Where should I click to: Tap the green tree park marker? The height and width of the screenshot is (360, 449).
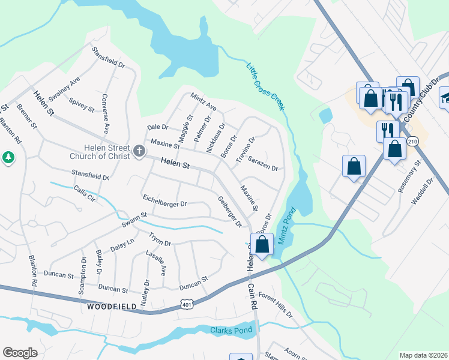[x=8, y=158]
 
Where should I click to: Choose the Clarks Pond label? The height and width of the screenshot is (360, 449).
[x=232, y=331]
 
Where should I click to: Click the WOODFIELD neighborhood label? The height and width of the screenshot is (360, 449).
[x=109, y=306]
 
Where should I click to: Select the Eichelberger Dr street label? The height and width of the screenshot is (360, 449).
[x=165, y=200]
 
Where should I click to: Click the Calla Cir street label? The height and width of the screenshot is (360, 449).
[x=84, y=193]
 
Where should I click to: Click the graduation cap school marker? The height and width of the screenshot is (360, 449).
[x=445, y=97]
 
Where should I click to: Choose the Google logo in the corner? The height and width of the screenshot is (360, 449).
[x=20, y=353]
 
